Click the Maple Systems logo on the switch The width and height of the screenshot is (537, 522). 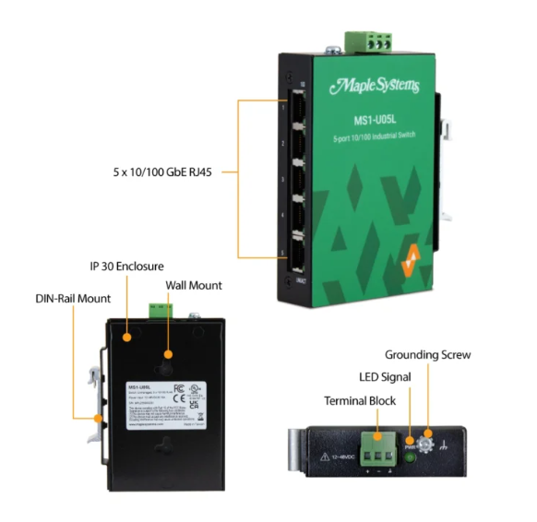(374, 87)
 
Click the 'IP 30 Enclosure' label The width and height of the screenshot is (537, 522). (132, 266)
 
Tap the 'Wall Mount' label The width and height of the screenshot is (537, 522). (195, 286)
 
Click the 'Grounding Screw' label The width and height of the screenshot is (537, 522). (427, 354)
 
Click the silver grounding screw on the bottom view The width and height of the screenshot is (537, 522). (427, 444)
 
